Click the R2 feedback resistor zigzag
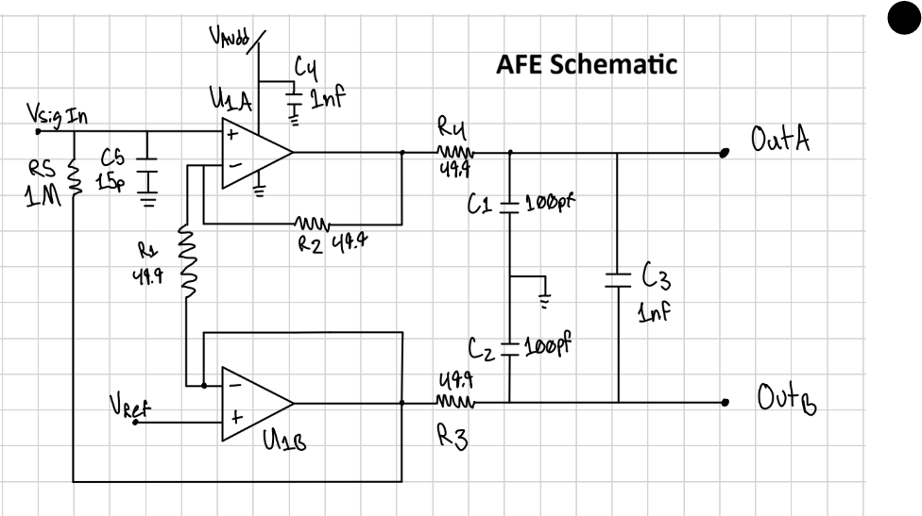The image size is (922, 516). tap(309, 225)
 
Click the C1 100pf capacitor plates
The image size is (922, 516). tap(510, 205)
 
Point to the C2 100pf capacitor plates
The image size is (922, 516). tap(510, 347)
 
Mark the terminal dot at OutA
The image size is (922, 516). tap(725, 153)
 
